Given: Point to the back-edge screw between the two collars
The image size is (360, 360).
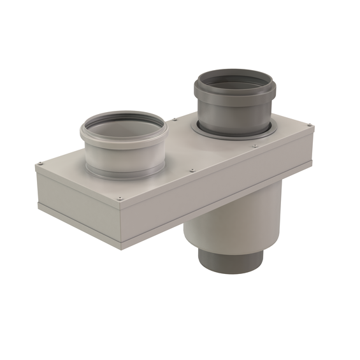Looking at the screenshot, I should tap(174, 119).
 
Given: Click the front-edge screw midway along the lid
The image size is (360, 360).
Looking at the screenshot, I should tap(192, 170).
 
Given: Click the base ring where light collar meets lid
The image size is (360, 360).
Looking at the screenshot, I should tap(124, 173).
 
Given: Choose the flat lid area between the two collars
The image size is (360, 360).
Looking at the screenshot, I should tap(178, 143).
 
